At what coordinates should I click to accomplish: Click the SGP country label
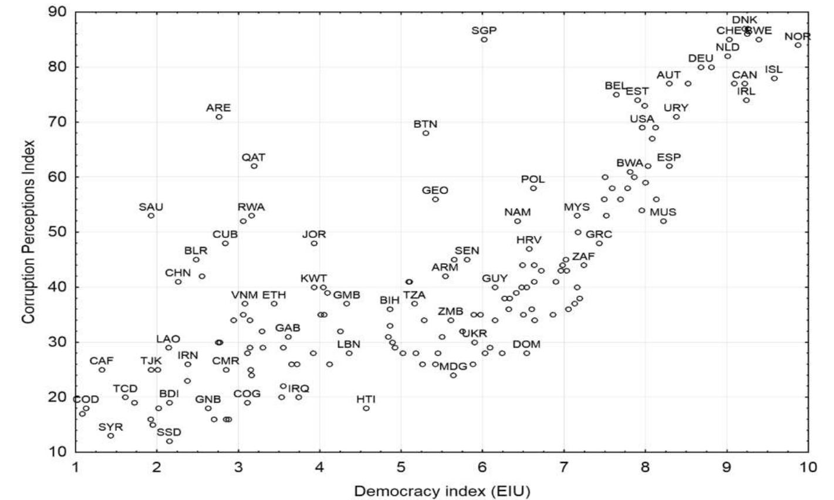[x=484, y=30]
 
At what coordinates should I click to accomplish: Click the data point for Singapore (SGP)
[x=484, y=39]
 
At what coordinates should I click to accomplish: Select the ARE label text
[x=218, y=108]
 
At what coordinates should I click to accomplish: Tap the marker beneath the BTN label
[x=426, y=133]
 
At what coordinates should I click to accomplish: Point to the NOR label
[x=797, y=37]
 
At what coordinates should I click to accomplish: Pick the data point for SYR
[x=110, y=436]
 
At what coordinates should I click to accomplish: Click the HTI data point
[x=366, y=409]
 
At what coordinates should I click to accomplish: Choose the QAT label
[x=254, y=157]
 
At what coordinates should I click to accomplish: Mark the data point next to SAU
[x=151, y=216]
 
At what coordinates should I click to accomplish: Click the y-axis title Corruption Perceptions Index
[x=28, y=230]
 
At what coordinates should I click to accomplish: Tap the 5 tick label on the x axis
[x=401, y=467]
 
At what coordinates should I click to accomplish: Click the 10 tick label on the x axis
[x=808, y=467]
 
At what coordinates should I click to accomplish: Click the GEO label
[x=435, y=191]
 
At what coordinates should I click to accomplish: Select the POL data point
[x=534, y=188]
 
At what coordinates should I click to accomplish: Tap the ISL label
[x=774, y=70]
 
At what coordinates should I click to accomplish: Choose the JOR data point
[x=314, y=243]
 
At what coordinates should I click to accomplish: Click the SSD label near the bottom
[x=169, y=432]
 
